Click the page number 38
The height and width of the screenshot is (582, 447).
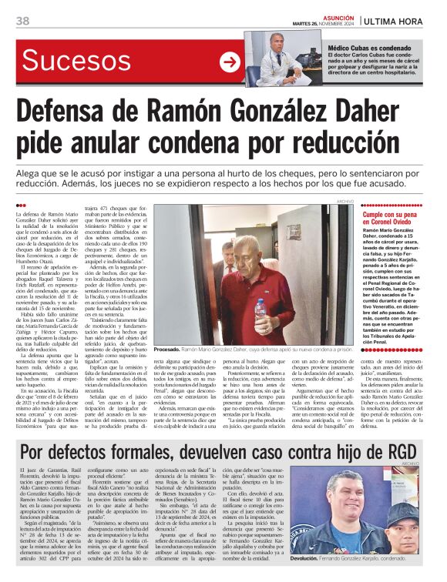[22, 20]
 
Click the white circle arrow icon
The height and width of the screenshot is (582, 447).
[230, 62]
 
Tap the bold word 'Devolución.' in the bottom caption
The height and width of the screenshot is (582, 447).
[309, 560]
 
